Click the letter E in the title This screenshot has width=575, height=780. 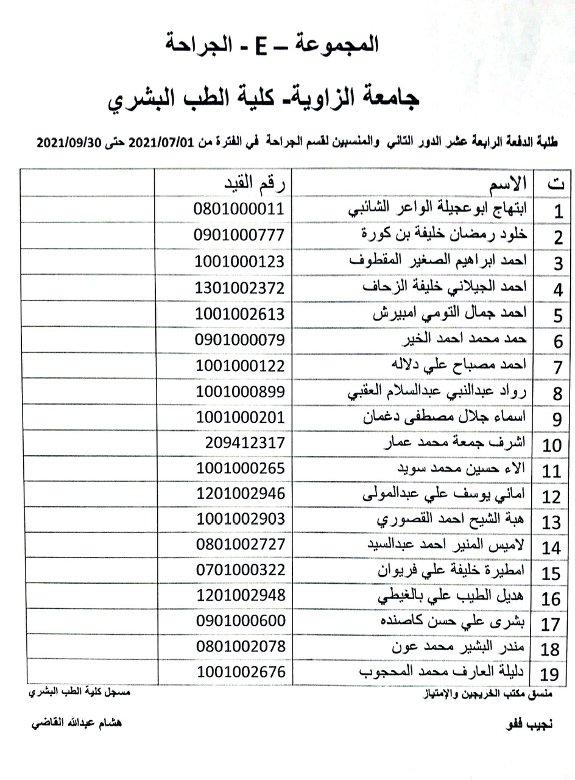coord(256,44)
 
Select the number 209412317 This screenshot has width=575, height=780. coord(244,442)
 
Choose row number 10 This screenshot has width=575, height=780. coord(551,445)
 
